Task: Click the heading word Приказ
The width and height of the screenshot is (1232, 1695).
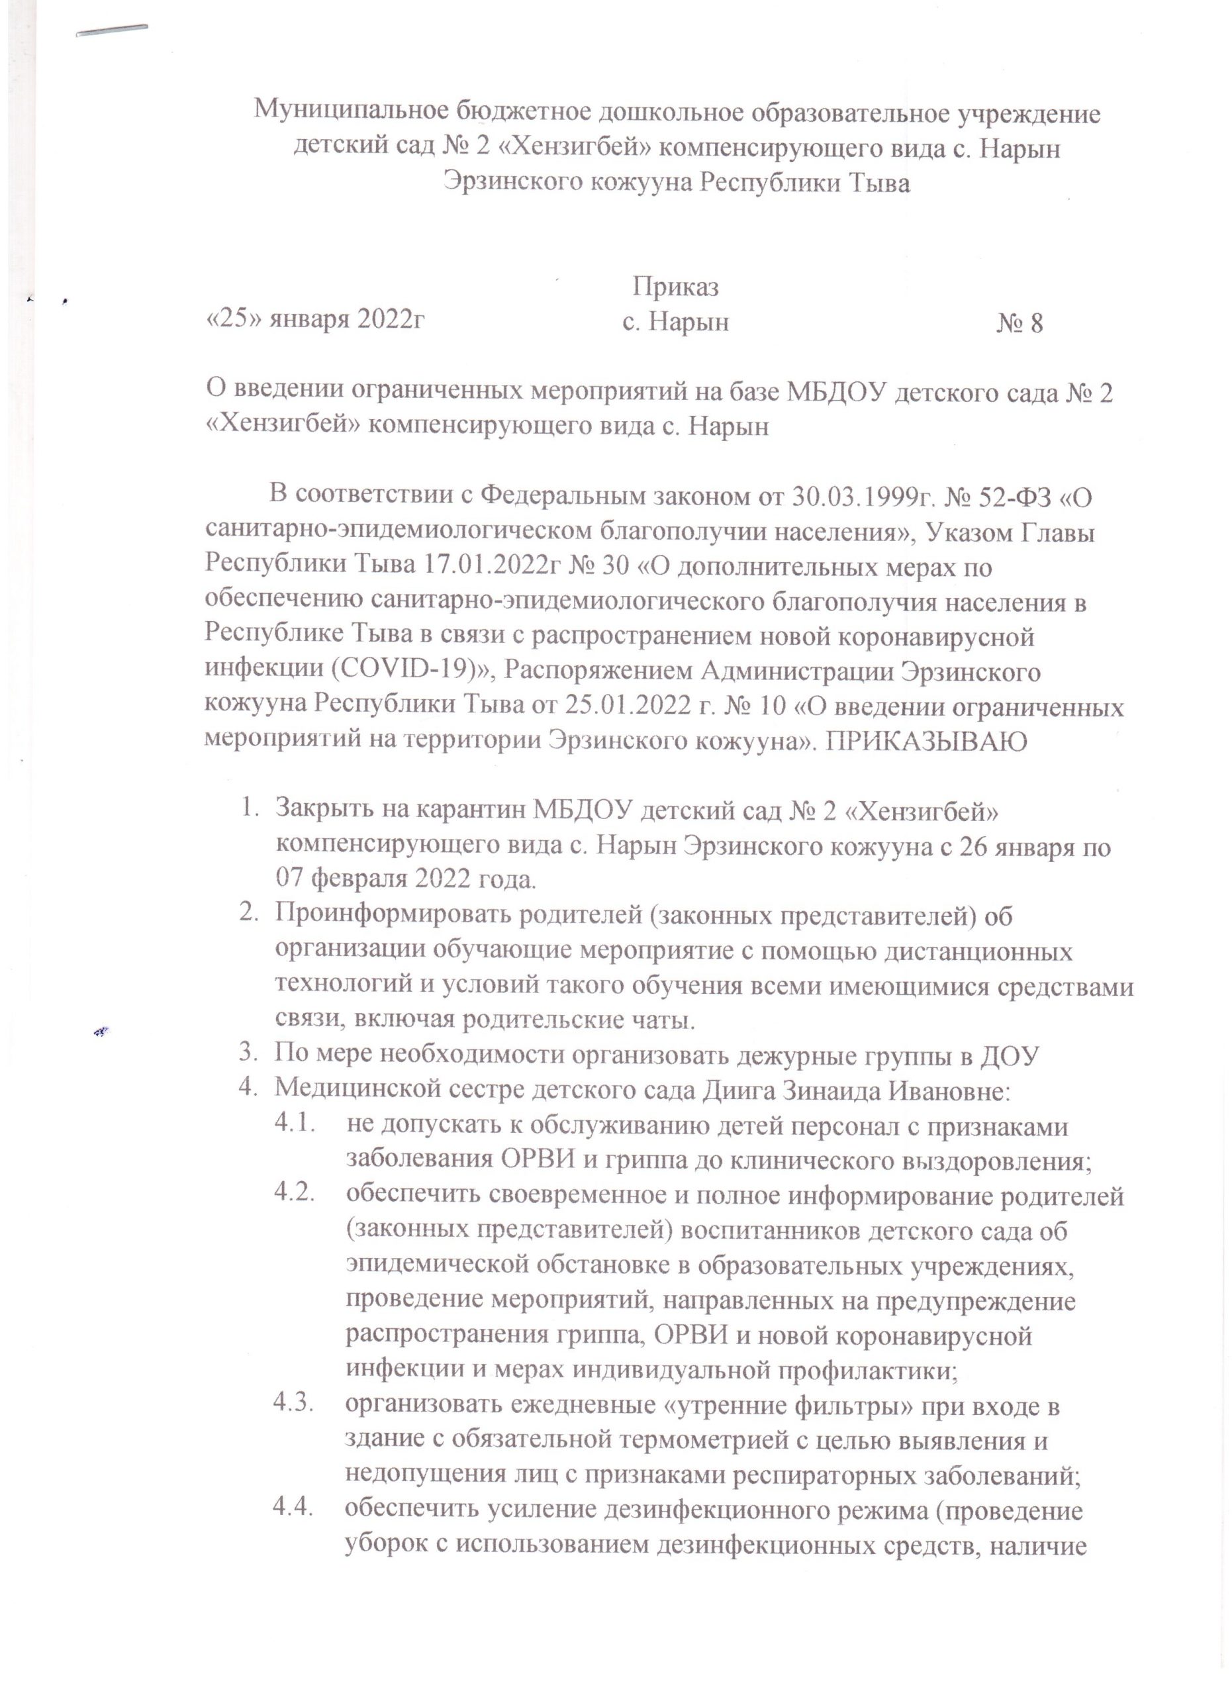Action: click(675, 286)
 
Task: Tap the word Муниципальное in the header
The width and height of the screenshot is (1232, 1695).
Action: click(350, 114)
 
